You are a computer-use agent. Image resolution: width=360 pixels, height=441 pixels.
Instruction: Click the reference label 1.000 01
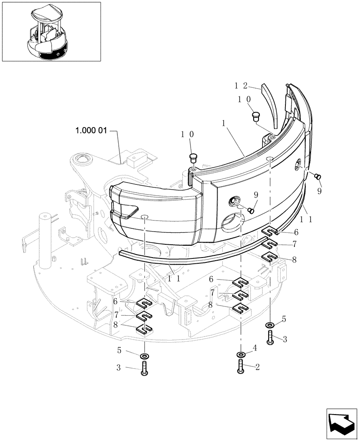(91, 131)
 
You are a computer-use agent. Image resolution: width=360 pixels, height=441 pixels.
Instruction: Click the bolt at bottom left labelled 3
(144, 368)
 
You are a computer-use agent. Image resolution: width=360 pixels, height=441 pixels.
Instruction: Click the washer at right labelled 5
(270, 325)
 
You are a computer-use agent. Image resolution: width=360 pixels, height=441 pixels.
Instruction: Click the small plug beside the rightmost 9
(316, 176)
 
